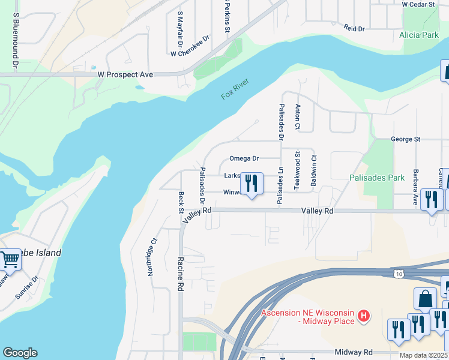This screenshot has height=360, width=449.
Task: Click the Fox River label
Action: [x=235, y=89]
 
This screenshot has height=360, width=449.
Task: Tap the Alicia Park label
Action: [x=419, y=35]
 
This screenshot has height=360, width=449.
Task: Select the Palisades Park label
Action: [x=378, y=178]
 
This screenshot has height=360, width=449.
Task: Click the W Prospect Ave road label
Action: [x=125, y=75]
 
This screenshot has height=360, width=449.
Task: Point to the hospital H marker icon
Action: [x=363, y=316]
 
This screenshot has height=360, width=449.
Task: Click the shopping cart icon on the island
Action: [x=10, y=260]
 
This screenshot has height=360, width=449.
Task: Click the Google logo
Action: [x=19, y=353]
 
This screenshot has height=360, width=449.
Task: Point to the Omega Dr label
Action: [x=244, y=159]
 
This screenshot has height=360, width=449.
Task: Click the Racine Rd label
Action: [x=179, y=274]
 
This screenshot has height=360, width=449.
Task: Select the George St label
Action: [x=405, y=139]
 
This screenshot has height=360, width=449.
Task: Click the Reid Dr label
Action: [x=354, y=28]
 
